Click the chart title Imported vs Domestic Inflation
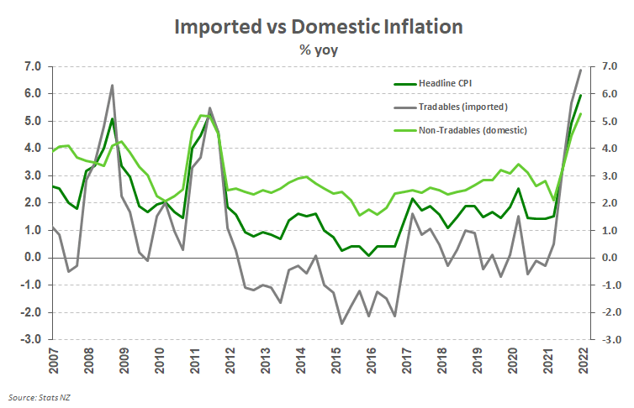pos(318,26)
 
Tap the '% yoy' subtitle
pos(318,50)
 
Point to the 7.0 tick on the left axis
pos(33,66)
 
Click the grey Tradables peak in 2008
pos(113,86)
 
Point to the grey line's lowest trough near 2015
pos(342,323)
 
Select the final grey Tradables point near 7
pos(580,70)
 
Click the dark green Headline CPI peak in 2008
pos(113,118)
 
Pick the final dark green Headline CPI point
pos(580,95)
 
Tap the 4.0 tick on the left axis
pos(33,149)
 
